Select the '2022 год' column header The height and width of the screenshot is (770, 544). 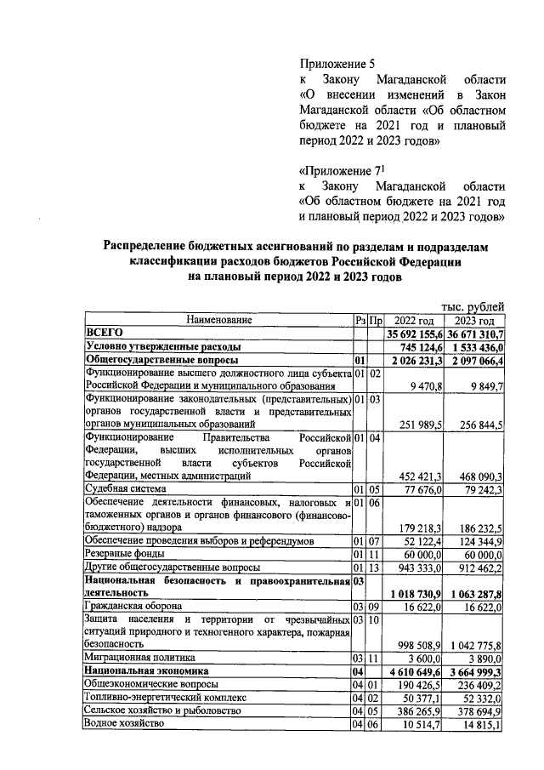(414, 320)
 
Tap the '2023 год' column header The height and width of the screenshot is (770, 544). (474, 320)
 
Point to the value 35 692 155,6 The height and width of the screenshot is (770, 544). (415, 334)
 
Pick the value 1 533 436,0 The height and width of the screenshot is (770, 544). (475, 347)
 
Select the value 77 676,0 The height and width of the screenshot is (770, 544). (423, 489)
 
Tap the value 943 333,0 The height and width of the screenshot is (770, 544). (422, 567)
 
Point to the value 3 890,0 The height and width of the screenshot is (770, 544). (484, 658)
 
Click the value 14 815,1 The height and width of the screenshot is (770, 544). (481, 724)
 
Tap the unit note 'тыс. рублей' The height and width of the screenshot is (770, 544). (473, 305)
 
